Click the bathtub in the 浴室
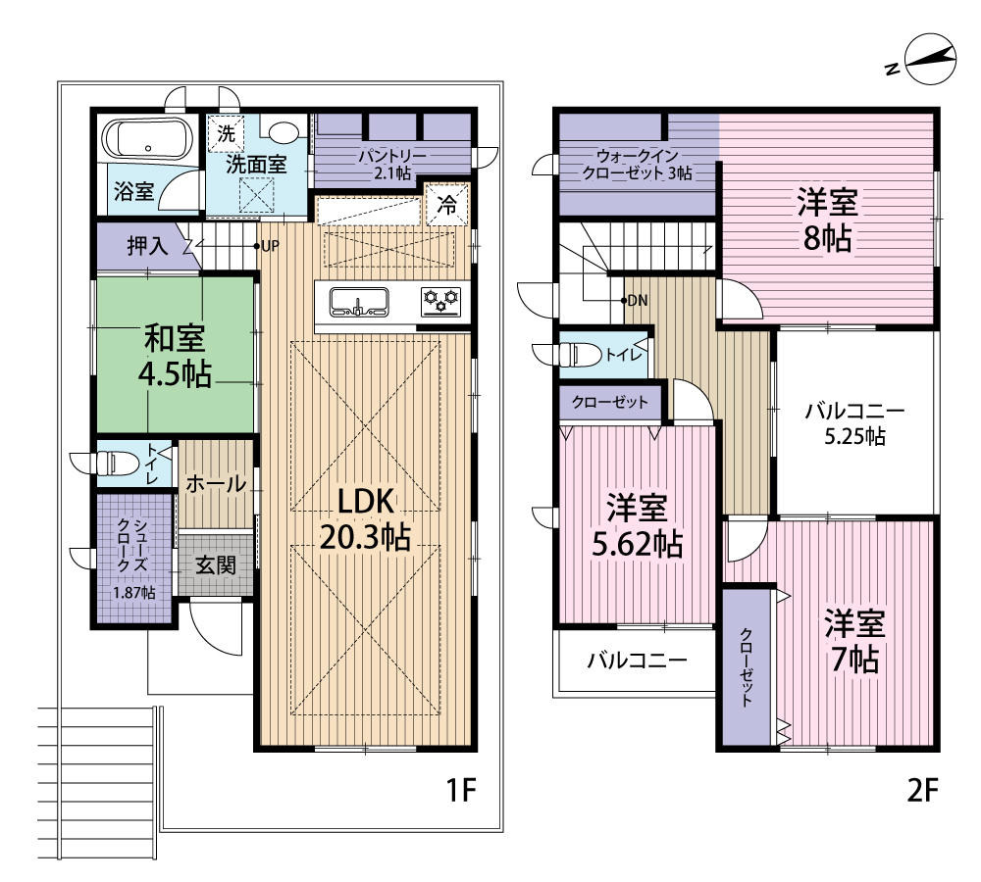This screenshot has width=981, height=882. point(148,139)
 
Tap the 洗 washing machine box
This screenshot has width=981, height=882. point(225,133)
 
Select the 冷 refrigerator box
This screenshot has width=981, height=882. point(446,205)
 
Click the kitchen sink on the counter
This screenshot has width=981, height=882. point(358,303)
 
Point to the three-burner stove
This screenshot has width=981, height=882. point(441,302)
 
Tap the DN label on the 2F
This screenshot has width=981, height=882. point(637,301)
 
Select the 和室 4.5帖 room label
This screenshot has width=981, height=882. point(175,356)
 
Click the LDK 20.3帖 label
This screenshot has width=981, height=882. point(365,518)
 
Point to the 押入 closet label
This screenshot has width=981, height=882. point(148,246)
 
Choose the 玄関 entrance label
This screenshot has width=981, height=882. point(216,565)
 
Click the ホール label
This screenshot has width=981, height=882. point(216,483)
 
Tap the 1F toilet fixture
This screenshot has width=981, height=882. point(113,464)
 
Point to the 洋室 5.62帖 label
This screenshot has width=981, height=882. point(637,525)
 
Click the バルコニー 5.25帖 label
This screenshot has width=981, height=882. point(854,423)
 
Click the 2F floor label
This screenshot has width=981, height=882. point(923,791)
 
